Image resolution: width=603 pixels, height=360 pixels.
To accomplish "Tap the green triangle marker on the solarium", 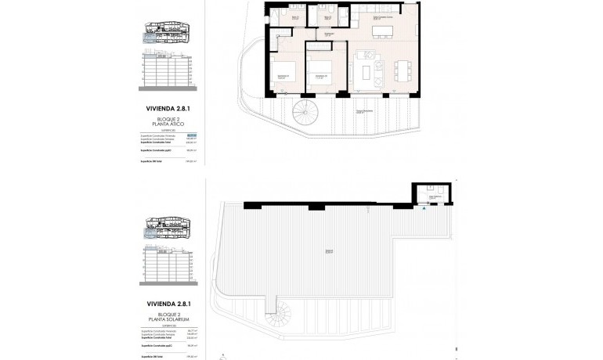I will (x=424, y=209).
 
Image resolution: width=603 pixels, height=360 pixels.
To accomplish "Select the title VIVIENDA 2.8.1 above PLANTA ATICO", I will (x=165, y=109).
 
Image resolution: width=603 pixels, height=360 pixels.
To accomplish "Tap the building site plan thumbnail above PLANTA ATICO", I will (x=165, y=35).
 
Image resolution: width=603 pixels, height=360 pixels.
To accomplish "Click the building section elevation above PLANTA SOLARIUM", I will (x=165, y=266).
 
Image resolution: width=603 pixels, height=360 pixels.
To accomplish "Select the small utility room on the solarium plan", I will (x=430, y=193).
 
